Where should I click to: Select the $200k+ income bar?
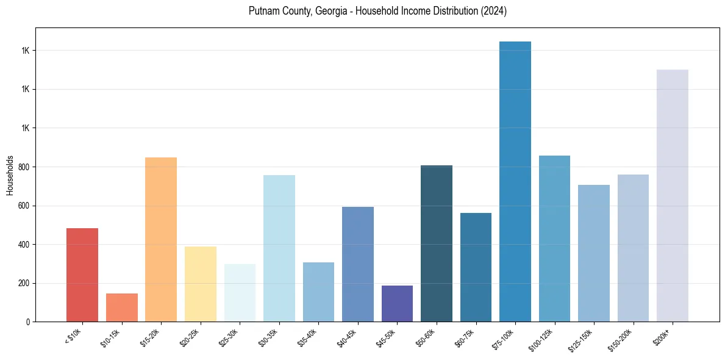point(672,196)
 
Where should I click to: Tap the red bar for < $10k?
point(82,275)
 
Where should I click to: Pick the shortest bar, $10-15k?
point(121,308)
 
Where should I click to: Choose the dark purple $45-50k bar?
point(397,304)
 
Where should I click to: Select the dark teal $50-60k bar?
point(437,243)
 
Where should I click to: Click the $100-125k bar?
point(554,239)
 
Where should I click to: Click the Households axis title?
point(10,175)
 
